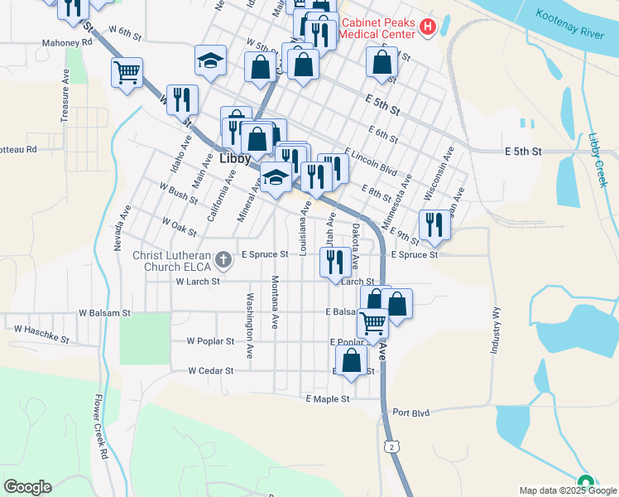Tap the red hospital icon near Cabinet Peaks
[428, 27]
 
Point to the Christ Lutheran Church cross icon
[222, 261]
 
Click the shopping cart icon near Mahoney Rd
[127, 74]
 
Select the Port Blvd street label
[411, 413]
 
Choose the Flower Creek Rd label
[98, 426]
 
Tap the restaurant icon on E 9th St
[434, 224]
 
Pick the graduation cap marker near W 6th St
[210, 60]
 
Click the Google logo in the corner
[27, 487]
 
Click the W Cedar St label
[211, 371]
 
